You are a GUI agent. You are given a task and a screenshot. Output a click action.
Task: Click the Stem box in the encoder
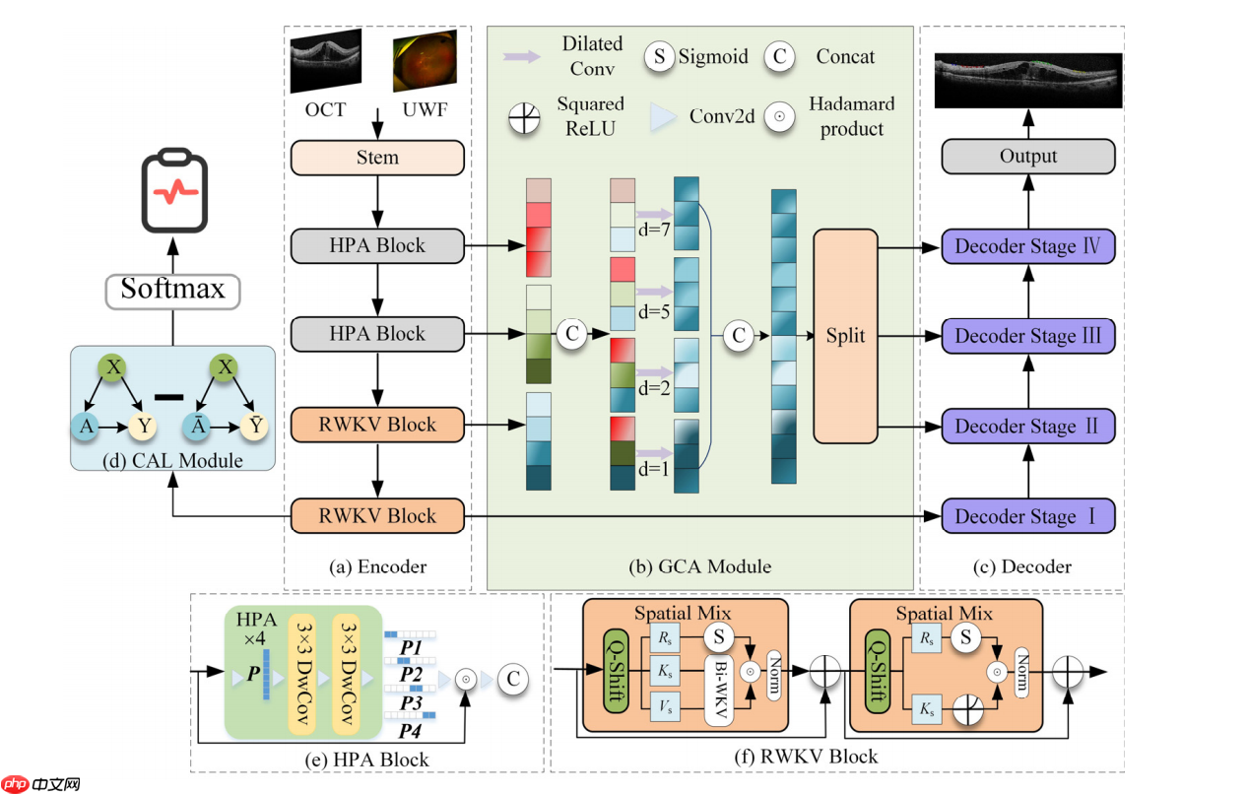(377, 158)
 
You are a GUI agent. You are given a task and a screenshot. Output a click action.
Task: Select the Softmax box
(172, 290)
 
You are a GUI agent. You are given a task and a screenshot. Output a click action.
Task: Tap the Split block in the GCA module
(845, 336)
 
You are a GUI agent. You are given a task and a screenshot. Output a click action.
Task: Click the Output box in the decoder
(1028, 157)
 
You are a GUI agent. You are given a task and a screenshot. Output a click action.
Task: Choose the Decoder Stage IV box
(1028, 246)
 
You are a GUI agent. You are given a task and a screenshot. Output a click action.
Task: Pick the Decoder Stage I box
(1028, 516)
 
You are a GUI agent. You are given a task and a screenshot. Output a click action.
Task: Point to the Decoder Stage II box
(1028, 427)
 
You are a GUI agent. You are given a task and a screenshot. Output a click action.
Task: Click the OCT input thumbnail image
(326, 60)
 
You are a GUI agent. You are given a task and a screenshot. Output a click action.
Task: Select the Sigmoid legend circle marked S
(659, 56)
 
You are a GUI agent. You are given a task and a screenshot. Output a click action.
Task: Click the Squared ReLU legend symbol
(524, 117)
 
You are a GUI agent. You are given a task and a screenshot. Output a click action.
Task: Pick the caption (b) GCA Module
(700, 566)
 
